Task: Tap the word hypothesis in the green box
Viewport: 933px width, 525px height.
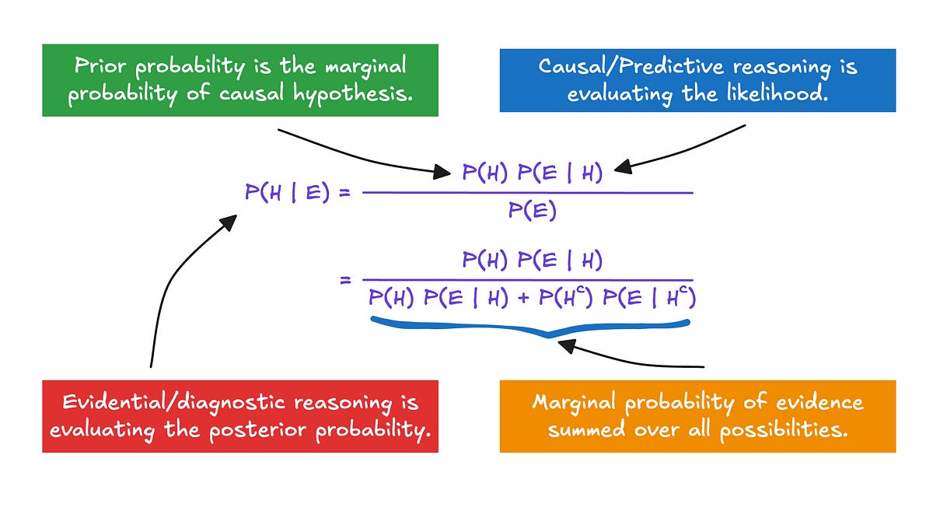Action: coord(356,94)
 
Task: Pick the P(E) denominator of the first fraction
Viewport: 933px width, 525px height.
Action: coord(532,211)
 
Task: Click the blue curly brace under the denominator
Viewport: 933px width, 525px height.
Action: coord(530,327)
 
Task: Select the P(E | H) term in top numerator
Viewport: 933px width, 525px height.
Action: coord(565,173)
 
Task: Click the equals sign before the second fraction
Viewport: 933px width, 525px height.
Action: coord(346,279)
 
